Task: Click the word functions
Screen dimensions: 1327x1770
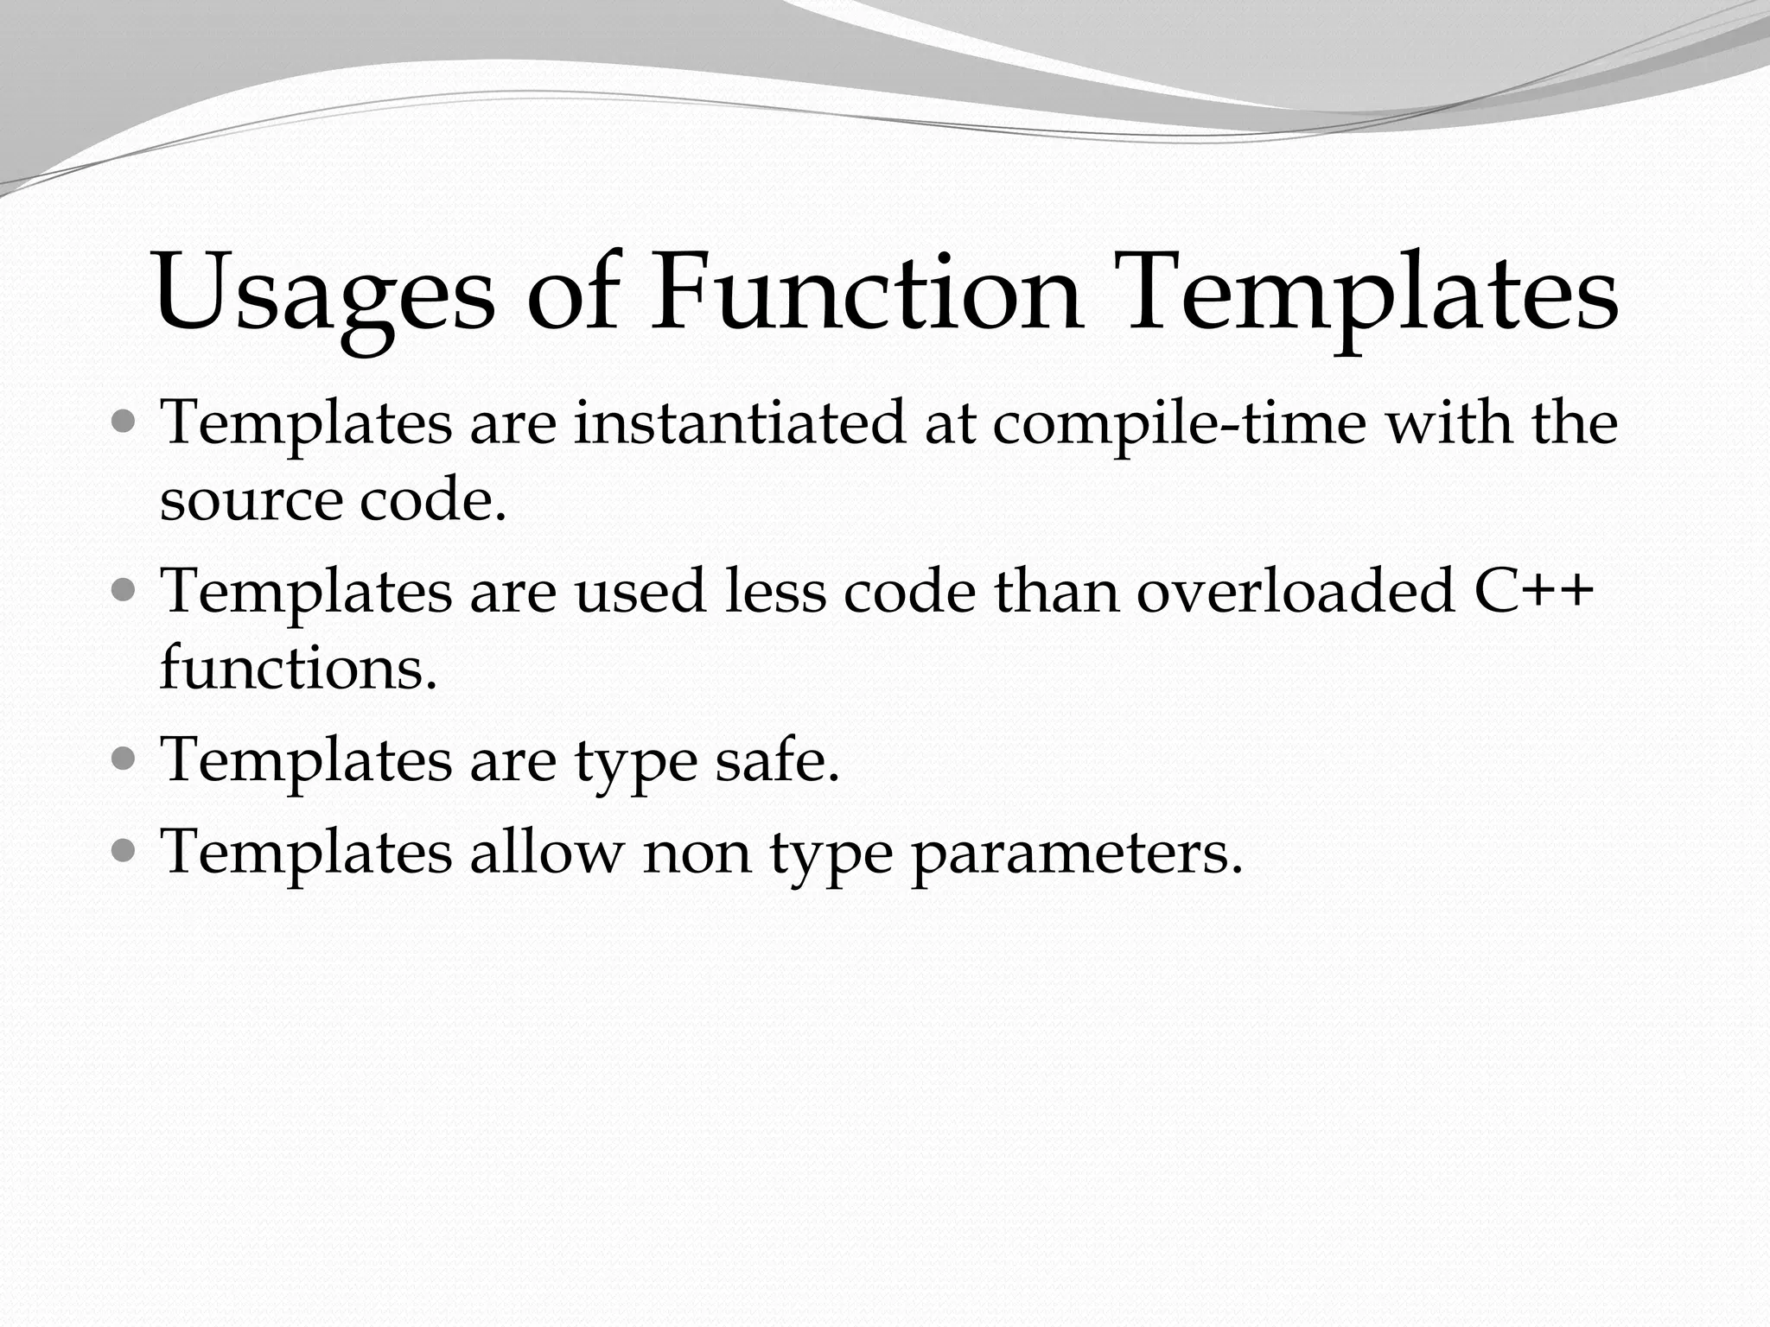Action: (x=298, y=669)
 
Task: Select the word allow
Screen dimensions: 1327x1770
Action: (x=545, y=852)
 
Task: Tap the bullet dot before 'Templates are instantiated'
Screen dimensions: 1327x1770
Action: (x=124, y=423)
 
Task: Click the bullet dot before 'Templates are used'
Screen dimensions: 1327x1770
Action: (x=124, y=592)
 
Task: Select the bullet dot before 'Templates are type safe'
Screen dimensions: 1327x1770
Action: (x=124, y=759)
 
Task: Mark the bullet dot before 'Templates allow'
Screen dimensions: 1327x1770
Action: (x=124, y=852)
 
